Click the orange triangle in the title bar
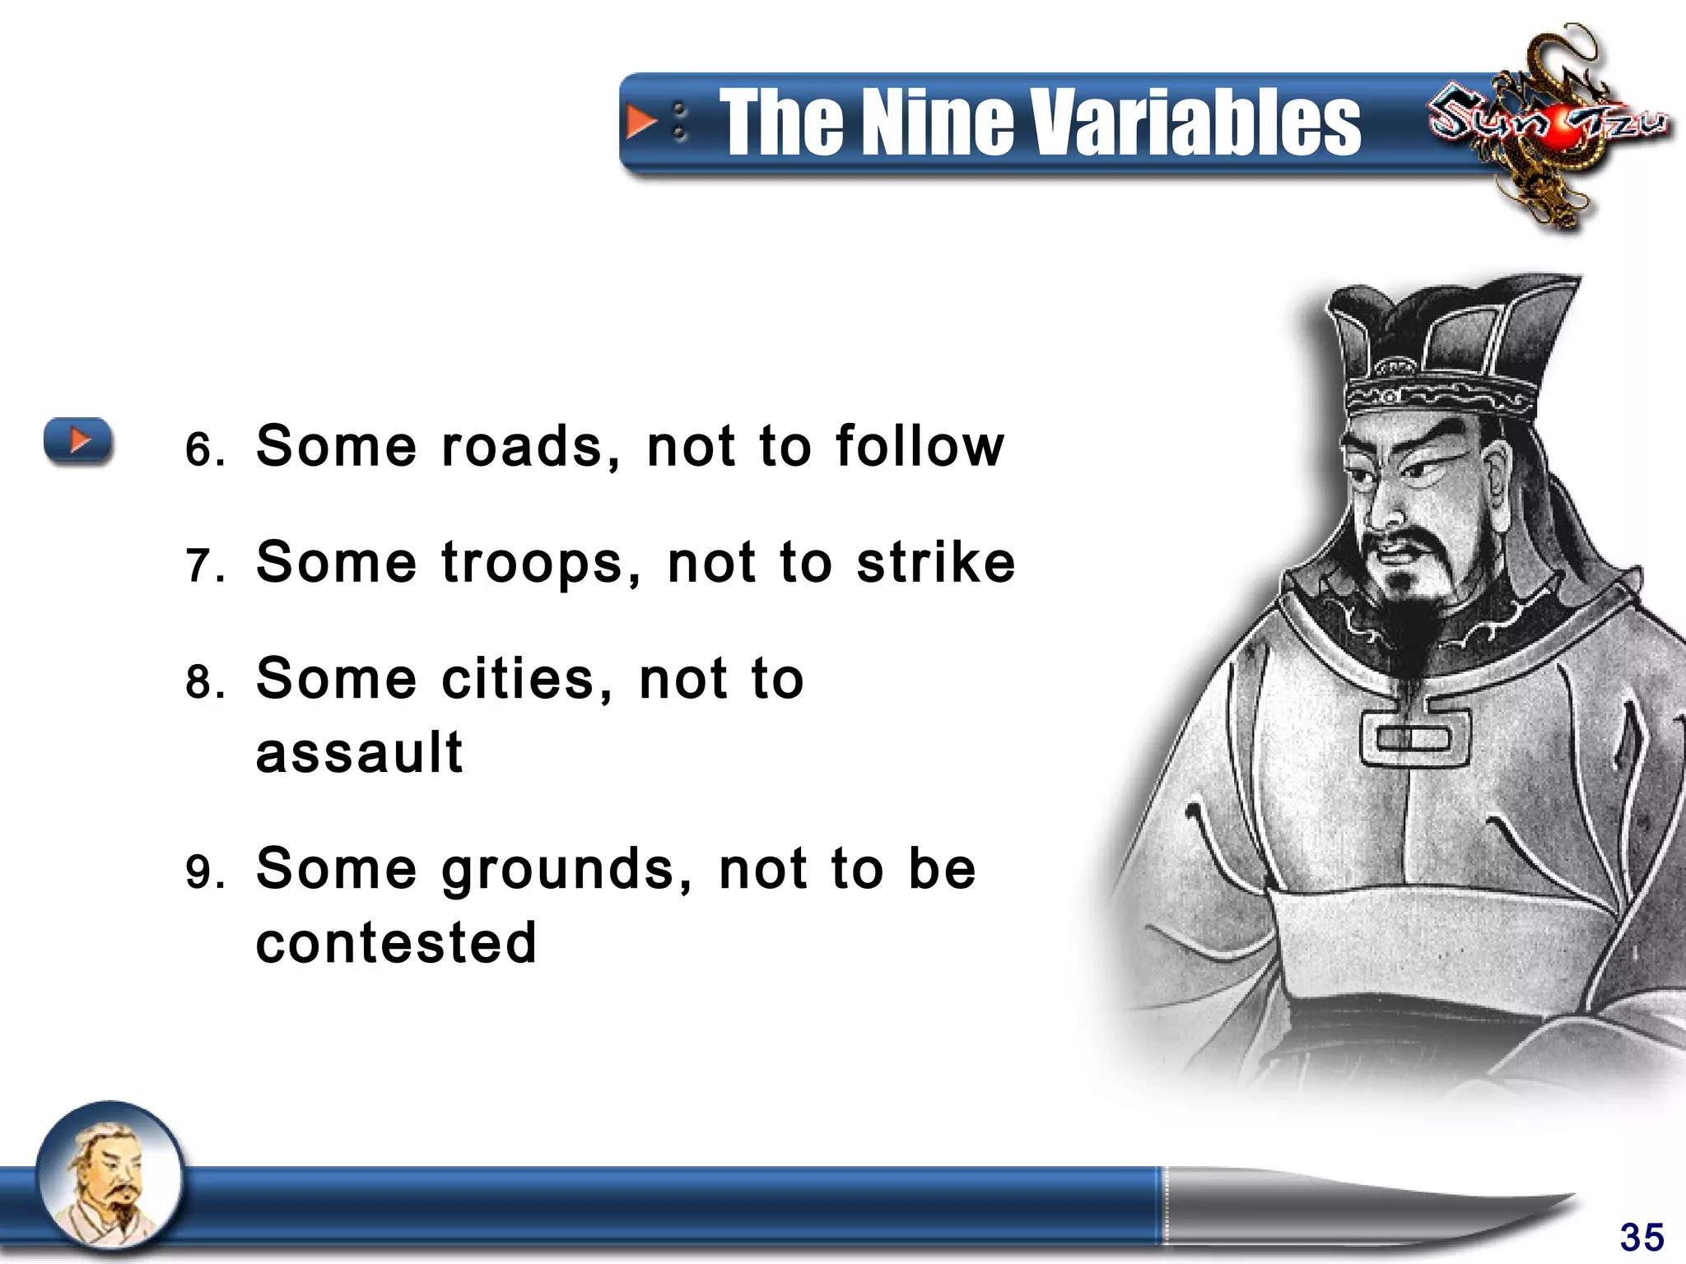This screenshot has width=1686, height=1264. [x=641, y=122]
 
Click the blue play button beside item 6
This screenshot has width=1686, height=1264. [x=78, y=440]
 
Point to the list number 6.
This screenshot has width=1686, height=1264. [x=203, y=450]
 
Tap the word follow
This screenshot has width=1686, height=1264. [x=920, y=447]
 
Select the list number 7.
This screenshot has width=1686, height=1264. [x=203, y=567]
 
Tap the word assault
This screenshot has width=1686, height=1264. [x=360, y=752]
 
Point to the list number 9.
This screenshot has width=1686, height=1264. [x=203, y=872]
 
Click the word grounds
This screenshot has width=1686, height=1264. [x=566, y=871]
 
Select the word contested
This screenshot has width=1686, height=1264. [x=396, y=942]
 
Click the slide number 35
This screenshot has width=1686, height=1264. [x=1642, y=1237]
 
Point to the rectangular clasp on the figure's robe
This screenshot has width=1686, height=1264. [x=1414, y=737]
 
